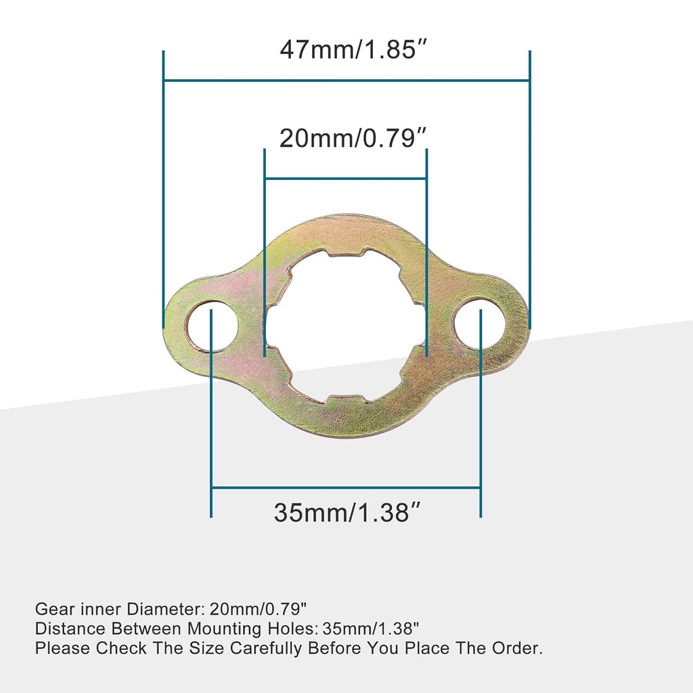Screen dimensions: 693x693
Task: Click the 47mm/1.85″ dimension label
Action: coord(346,51)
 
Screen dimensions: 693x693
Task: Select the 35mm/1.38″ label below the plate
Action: coord(346,512)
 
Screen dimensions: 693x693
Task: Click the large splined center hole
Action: coord(346,325)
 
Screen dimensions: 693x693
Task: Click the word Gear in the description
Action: coord(51,608)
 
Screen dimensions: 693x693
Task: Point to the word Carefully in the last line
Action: coord(266,648)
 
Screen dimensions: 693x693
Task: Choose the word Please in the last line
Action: coord(62,648)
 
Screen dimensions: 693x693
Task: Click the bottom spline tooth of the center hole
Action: coord(346,399)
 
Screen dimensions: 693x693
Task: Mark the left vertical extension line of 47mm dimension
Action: coord(164,189)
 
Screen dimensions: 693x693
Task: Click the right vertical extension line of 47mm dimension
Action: coord(529,189)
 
